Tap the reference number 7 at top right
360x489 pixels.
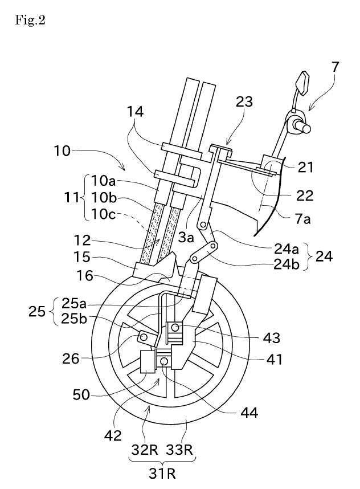pyautogui.click(x=336, y=67)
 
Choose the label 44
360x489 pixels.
pyautogui.click(x=249, y=412)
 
